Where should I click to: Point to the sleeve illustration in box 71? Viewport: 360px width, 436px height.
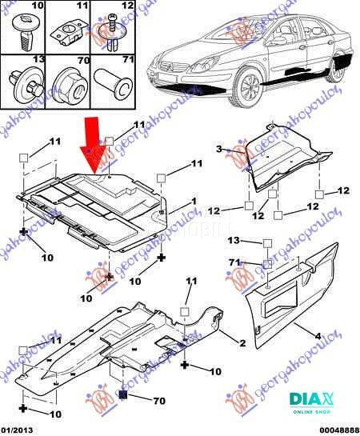[x=110, y=83]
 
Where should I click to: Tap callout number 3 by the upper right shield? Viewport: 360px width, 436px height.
[x=218, y=149]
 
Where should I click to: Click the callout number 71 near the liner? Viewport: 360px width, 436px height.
[x=234, y=262]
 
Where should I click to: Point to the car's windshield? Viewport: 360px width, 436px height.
[x=236, y=41]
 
